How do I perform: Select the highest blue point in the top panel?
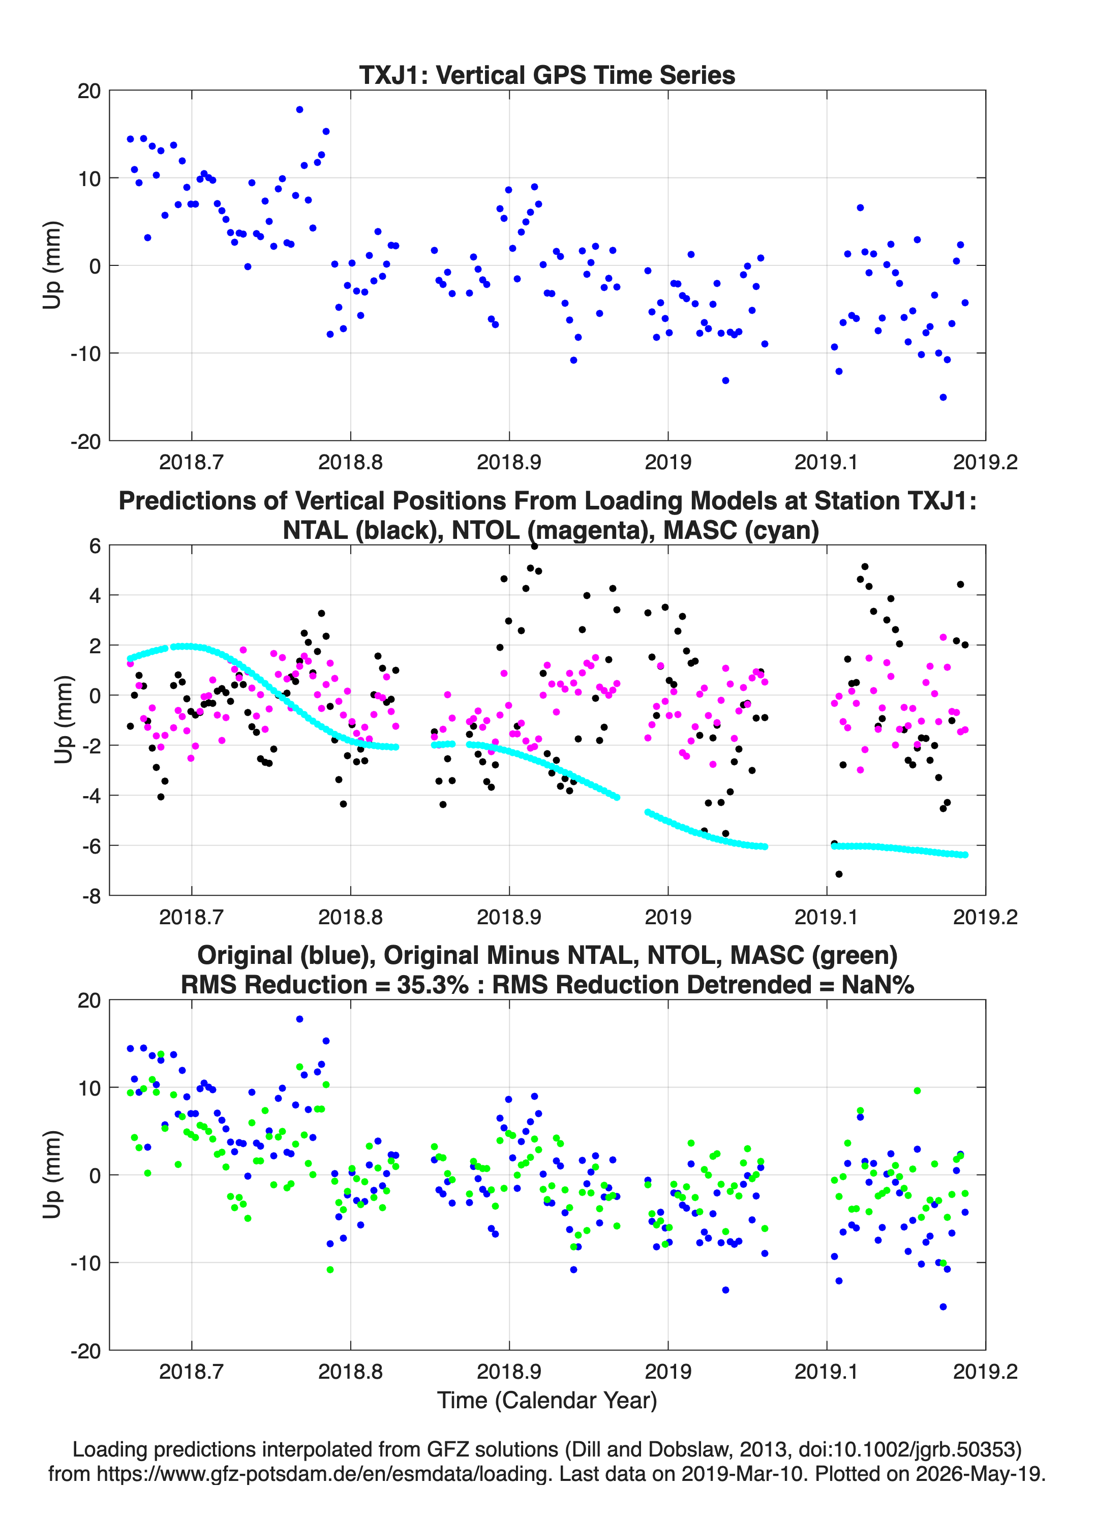(299, 110)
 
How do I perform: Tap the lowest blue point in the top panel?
(942, 397)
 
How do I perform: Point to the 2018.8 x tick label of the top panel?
(350, 462)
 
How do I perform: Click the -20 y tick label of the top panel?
(85, 441)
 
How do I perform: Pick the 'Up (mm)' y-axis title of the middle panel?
(63, 720)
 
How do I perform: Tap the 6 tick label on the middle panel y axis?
(95, 545)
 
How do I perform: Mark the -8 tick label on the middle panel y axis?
(92, 896)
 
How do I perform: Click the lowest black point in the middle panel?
(839, 873)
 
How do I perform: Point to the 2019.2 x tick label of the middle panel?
(985, 917)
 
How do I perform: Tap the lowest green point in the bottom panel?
(329, 1269)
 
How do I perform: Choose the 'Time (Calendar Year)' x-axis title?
(547, 1400)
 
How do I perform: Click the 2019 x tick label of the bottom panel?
(668, 1371)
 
